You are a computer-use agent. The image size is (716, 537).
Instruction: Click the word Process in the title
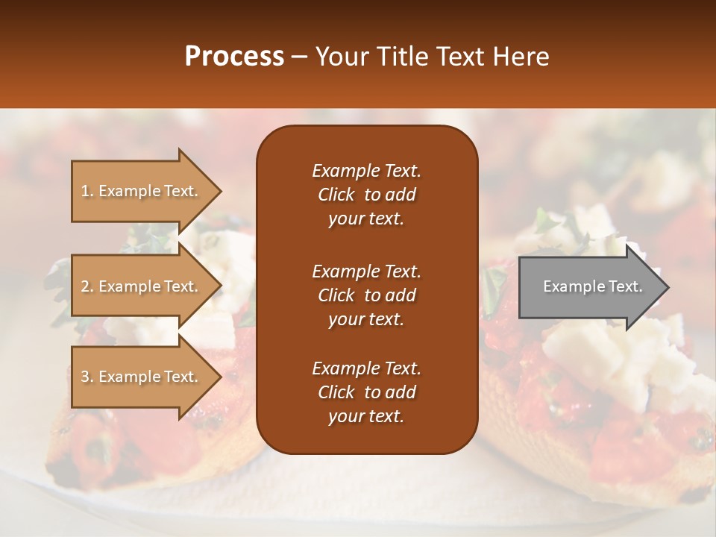click(x=234, y=57)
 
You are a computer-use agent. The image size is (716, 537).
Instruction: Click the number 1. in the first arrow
click(x=87, y=191)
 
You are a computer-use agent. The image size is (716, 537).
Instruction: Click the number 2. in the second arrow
click(x=87, y=286)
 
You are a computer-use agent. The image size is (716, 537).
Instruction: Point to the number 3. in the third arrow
click(x=87, y=377)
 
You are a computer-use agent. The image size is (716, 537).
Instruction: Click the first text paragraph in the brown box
click(x=366, y=195)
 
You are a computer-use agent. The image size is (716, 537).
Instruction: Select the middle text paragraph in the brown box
click(x=366, y=295)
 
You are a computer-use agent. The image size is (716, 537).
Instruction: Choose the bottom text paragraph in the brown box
click(x=366, y=392)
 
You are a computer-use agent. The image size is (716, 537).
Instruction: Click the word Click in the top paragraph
click(x=336, y=195)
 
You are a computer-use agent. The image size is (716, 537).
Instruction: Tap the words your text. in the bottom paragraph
click(x=366, y=416)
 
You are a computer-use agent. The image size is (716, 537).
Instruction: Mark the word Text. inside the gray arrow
click(x=623, y=286)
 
